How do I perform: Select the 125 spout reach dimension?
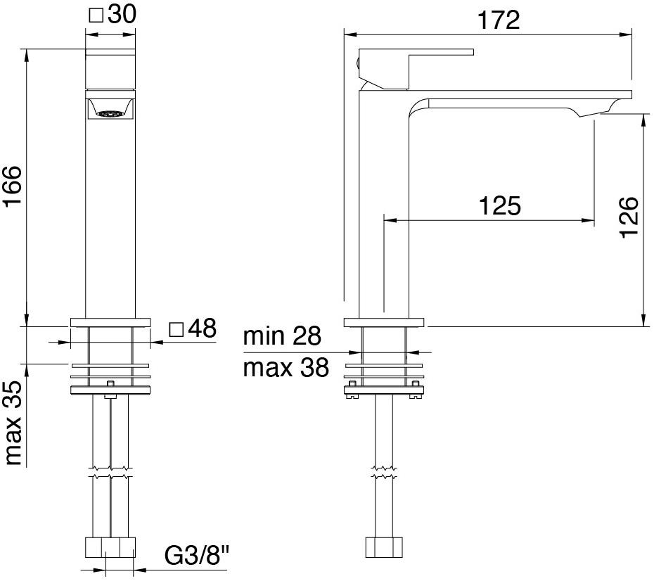point(499,205)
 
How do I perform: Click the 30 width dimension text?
point(122,15)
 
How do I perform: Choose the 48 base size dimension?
point(202,328)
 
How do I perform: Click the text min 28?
point(282,336)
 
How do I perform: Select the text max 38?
point(286,366)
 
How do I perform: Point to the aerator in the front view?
point(110,113)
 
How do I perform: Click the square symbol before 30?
point(98,15)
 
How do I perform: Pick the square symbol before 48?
point(177,328)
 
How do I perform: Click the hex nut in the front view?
point(110,547)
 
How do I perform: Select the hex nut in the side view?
point(384,547)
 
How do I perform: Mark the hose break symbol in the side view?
point(384,472)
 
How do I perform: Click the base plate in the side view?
point(384,323)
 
